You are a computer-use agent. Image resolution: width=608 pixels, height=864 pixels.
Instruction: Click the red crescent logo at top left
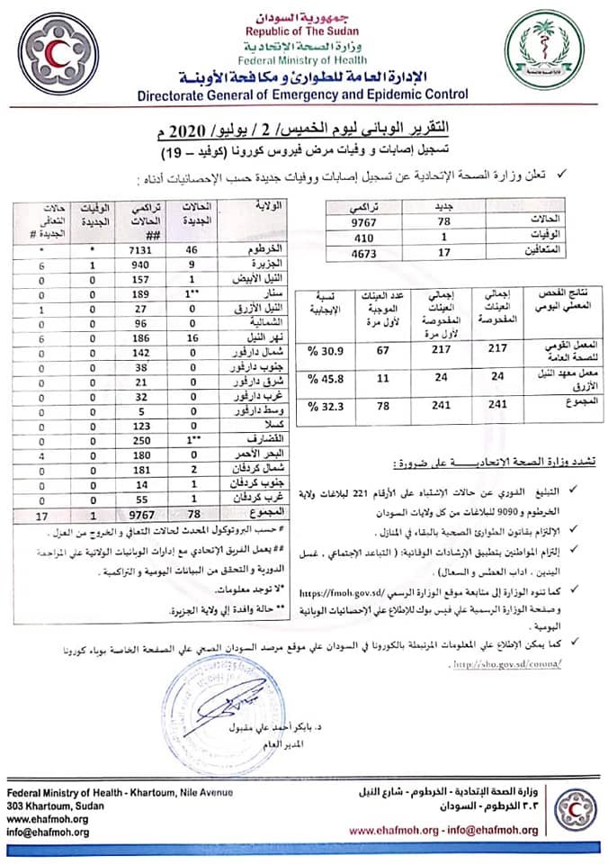click(x=63, y=51)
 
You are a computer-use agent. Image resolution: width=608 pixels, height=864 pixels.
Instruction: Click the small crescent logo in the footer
click(x=576, y=810)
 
